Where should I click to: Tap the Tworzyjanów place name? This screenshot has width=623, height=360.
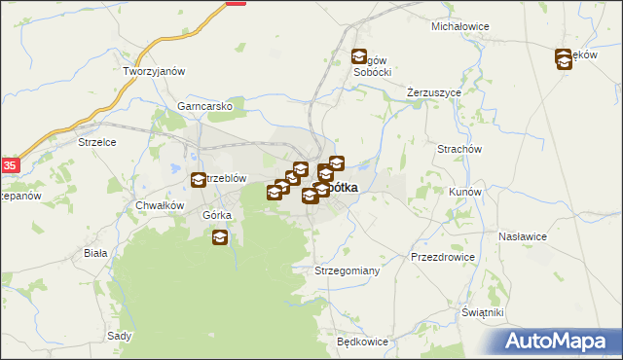154,71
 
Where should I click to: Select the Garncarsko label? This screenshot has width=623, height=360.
204,106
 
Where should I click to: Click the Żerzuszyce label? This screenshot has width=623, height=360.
433,92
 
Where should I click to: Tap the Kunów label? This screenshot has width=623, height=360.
464,192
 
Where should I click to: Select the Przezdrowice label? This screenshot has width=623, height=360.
443,257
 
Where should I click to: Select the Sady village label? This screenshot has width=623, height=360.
120,335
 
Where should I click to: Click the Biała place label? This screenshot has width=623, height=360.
95,252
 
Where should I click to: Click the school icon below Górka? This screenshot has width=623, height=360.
220,236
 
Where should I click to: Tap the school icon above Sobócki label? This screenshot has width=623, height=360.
359,57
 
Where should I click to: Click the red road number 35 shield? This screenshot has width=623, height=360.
10,165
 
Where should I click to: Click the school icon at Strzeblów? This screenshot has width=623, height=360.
199,180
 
